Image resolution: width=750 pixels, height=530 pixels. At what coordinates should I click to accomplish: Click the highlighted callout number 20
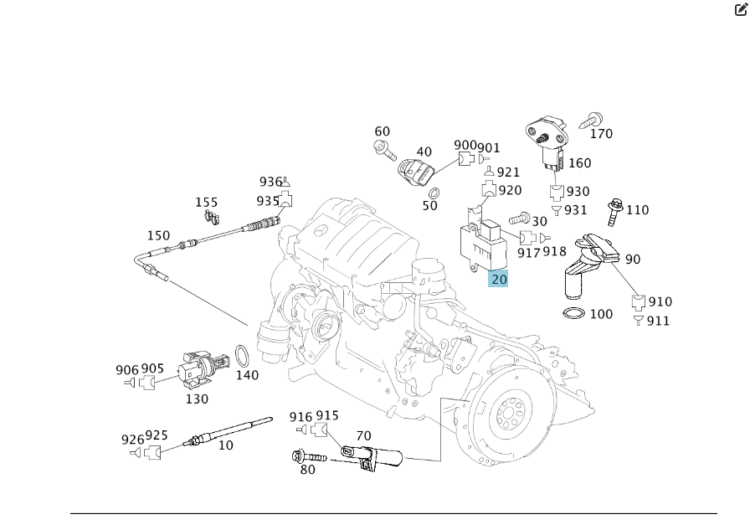click(x=499, y=279)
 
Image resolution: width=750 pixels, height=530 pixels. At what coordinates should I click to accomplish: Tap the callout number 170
click(x=601, y=134)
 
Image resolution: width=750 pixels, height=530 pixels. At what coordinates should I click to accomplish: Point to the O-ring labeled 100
click(x=573, y=315)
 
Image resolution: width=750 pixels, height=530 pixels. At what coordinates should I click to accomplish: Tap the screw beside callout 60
click(x=384, y=151)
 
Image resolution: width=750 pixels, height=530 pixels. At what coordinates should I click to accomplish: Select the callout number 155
click(x=206, y=203)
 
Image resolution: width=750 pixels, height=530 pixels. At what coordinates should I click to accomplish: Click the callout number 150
click(x=158, y=236)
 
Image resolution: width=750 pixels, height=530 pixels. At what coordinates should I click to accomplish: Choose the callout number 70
click(x=363, y=435)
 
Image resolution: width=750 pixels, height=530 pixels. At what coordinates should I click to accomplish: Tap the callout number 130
click(x=197, y=399)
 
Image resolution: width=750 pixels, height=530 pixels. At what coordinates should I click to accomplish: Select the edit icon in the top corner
click(x=739, y=10)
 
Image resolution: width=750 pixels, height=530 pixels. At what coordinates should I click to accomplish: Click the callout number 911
click(x=659, y=321)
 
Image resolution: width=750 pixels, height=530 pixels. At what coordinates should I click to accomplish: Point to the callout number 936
click(x=270, y=182)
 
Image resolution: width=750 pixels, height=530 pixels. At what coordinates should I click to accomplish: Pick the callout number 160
click(x=579, y=163)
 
